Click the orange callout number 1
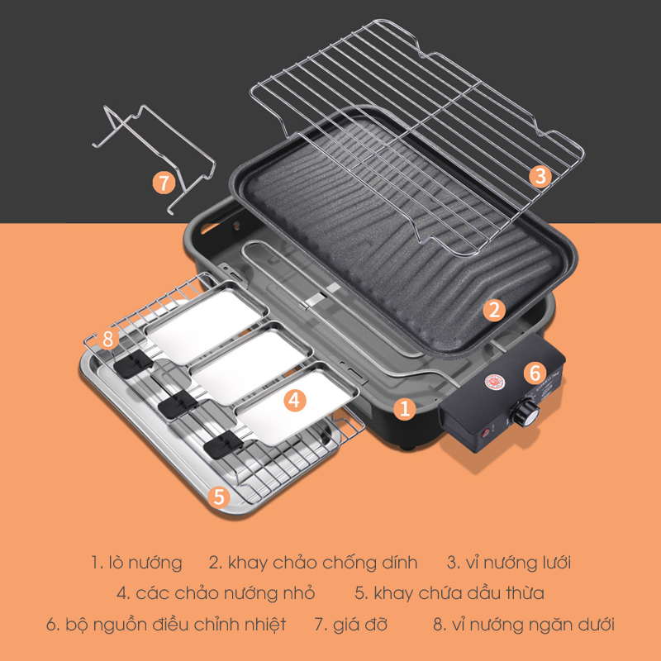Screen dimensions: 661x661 click(405, 408)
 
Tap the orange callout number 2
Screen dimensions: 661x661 click(494, 310)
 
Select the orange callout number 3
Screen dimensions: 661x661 click(541, 176)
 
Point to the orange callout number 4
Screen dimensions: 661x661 click(294, 400)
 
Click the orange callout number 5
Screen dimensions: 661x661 click(219, 497)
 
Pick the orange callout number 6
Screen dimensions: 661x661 click(535, 373)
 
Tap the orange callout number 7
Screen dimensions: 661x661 click(164, 183)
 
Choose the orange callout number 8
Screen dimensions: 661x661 click(107, 339)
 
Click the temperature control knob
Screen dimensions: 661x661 click(525, 412)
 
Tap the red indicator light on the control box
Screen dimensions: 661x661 click(487, 431)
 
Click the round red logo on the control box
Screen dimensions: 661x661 click(492, 382)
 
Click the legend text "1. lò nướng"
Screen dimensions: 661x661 click(136, 563)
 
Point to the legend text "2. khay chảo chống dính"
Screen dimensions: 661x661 click(313, 563)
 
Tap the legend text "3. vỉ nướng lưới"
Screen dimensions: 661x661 click(509, 563)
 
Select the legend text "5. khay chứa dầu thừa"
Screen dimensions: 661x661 click(449, 593)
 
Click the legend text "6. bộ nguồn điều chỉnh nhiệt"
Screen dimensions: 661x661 click(166, 625)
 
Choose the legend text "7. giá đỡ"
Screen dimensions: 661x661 click(350, 625)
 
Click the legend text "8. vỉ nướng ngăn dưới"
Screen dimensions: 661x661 click(524, 625)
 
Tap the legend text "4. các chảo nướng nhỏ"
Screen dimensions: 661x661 click(216, 593)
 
